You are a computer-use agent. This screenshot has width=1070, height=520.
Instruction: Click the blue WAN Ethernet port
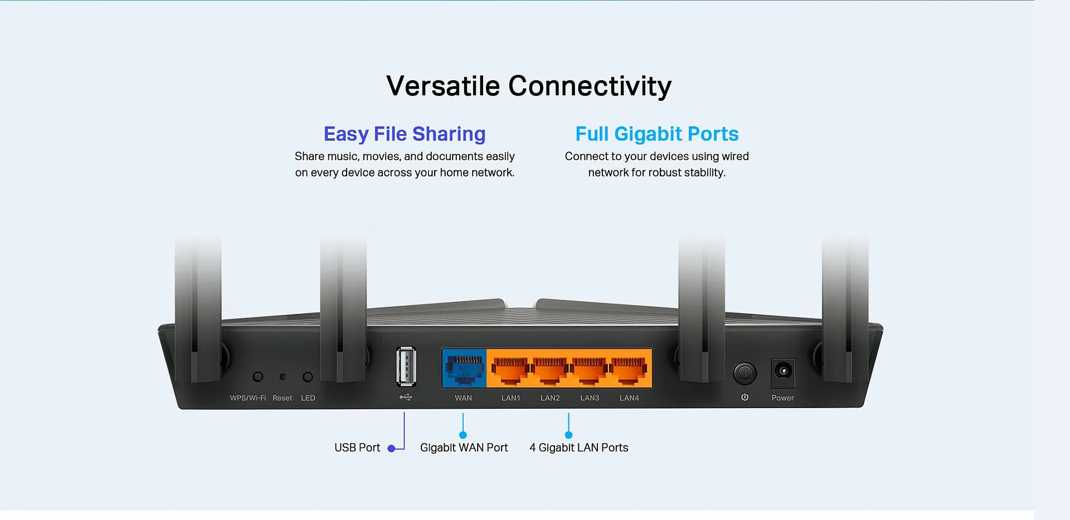[464, 369]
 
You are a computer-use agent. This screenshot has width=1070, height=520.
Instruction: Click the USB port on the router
[406, 366]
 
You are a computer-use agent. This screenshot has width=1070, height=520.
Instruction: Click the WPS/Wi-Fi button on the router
[257, 377]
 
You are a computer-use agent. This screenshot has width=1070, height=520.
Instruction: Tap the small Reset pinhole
[283, 377]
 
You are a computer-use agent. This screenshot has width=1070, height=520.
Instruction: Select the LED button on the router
[308, 377]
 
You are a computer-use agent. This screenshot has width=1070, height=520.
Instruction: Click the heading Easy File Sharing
[405, 134]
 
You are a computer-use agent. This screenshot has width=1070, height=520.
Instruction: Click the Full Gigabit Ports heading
[657, 134]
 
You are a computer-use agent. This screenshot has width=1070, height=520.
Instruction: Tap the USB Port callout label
[357, 448]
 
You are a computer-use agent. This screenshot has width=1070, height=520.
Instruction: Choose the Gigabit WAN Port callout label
[464, 448]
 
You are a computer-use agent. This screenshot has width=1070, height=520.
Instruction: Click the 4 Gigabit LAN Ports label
[579, 448]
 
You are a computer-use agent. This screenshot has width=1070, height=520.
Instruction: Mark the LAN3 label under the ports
[590, 398]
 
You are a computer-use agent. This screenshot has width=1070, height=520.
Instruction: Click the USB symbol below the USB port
[406, 398]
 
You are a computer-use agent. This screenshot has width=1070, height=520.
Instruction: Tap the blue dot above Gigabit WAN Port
[463, 435]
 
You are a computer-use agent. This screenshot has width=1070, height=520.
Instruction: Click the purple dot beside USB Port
[391, 448]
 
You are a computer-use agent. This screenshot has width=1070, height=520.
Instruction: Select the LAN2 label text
[550, 398]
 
